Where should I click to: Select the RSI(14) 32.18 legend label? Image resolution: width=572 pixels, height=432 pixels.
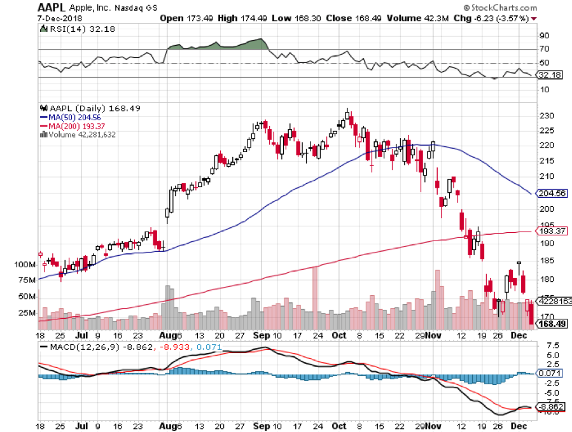pos(69,29)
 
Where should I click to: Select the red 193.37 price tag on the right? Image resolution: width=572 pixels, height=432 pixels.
pos(551,231)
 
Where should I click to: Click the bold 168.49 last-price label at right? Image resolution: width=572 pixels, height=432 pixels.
pos(552,324)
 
